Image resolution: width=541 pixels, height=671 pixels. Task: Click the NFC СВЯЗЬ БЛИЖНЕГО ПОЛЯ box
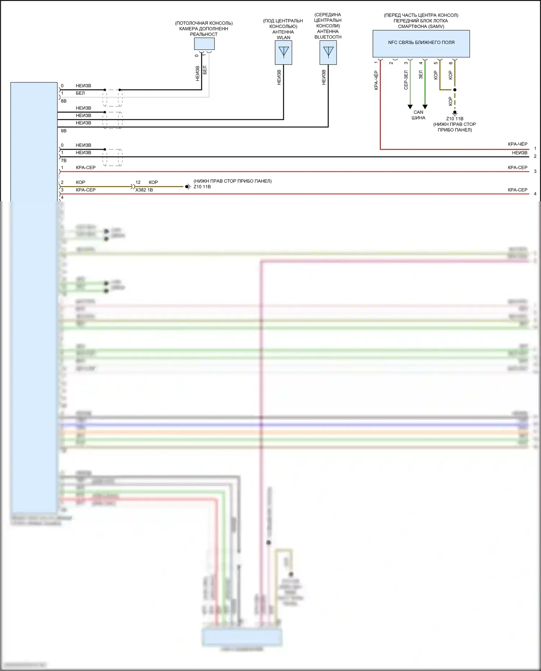click(421, 43)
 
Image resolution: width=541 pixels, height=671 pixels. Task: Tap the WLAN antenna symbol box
click(283, 53)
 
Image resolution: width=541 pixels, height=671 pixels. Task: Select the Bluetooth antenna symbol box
click(328, 53)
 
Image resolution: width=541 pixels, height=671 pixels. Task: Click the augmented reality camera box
click(204, 44)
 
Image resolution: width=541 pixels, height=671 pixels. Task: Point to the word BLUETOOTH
click(328, 37)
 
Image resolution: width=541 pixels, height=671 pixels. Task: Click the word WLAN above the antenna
click(283, 37)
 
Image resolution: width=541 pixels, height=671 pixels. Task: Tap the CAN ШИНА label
click(418, 115)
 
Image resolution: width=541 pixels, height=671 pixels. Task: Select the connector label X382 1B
click(144, 190)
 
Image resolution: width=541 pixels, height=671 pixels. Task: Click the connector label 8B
click(63, 101)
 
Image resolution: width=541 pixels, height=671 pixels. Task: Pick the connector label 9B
click(63, 131)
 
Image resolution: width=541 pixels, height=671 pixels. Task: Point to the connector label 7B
click(63, 160)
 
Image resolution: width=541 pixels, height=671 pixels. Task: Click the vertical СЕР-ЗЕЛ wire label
click(406, 80)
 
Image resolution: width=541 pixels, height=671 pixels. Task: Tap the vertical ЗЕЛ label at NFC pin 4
click(421, 75)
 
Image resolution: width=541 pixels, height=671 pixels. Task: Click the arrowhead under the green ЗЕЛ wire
click(425, 107)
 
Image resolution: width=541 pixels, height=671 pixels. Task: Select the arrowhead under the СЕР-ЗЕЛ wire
click(410, 107)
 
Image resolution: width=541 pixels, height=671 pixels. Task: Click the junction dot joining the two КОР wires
click(455, 90)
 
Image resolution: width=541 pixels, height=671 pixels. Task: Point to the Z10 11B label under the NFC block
click(454, 119)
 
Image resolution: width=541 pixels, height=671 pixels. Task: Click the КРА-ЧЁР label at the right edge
click(518, 144)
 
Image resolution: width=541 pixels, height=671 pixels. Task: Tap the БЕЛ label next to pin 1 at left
click(80, 93)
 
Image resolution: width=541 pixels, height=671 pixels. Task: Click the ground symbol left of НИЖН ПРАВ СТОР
click(188, 187)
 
